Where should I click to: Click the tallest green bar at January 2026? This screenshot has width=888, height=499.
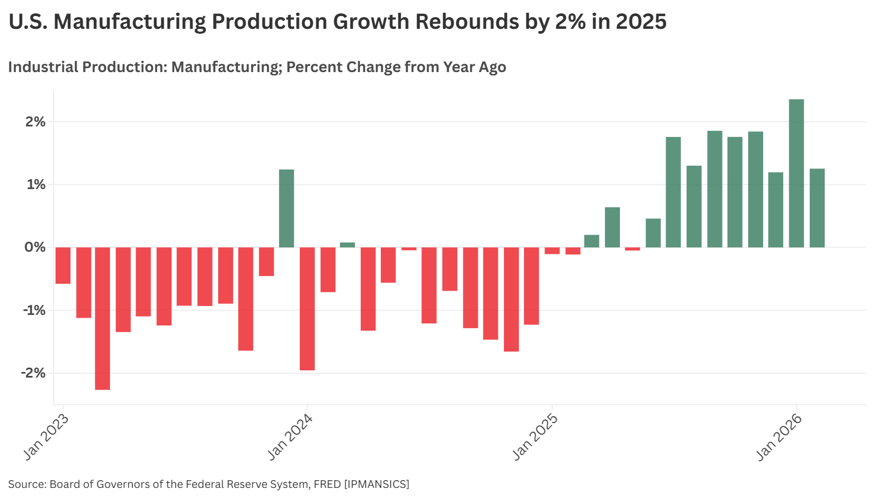pyautogui.click(x=796, y=173)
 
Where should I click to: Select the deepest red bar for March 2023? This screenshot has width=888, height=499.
pyautogui.click(x=102, y=318)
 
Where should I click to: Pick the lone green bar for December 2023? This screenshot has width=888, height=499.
pyautogui.click(x=286, y=208)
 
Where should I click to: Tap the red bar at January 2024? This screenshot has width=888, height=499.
pyautogui.click(x=307, y=308)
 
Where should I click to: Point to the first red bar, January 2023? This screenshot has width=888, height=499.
pyautogui.click(x=63, y=265)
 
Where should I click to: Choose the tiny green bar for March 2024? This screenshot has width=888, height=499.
pyautogui.click(x=347, y=245)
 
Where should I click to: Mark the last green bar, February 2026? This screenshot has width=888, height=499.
pyautogui.click(x=817, y=208)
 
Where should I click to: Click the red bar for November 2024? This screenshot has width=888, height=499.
pyautogui.click(x=491, y=293)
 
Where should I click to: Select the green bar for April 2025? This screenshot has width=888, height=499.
pyautogui.click(x=612, y=227)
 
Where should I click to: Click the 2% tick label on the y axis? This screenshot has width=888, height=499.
pyautogui.click(x=35, y=122)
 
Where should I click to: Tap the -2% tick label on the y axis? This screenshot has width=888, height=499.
pyautogui.click(x=33, y=373)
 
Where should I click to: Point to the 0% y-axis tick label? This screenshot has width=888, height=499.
pyautogui.click(x=35, y=247)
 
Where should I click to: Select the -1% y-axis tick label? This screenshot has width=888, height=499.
pyautogui.click(x=33, y=310)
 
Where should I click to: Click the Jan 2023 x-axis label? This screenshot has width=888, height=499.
pyautogui.click(x=47, y=437)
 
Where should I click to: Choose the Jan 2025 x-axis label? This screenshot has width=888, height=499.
pyautogui.click(x=535, y=437)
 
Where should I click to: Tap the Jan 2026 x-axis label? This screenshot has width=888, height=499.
pyautogui.click(x=779, y=437)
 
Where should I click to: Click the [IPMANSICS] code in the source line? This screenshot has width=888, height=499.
pyautogui.click(x=376, y=484)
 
